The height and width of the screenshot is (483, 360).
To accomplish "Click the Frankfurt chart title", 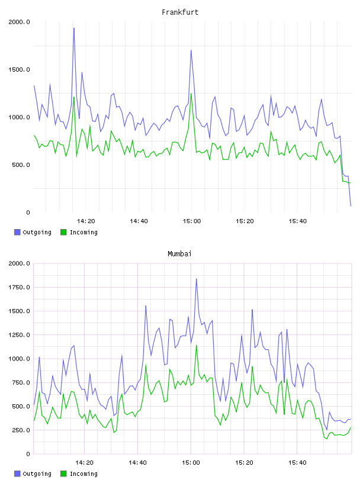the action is pyautogui.click(x=180, y=12).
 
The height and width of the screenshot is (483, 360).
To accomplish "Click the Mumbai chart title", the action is pyautogui.click(x=179, y=254).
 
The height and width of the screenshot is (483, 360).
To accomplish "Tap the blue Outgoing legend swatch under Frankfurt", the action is pyautogui.click(x=17, y=232).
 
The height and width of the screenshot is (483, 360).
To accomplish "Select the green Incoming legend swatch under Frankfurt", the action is pyautogui.click(x=63, y=232).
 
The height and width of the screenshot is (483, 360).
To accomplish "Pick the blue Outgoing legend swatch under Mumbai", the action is pyautogui.click(x=17, y=474).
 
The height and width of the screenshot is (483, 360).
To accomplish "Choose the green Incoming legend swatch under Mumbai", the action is pyautogui.click(x=63, y=474).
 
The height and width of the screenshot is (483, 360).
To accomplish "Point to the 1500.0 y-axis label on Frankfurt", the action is pyautogui.click(x=19, y=70).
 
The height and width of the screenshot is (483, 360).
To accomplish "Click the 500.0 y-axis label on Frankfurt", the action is pyautogui.click(x=21, y=165).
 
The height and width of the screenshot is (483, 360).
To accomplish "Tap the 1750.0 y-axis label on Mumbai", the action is pyautogui.click(x=19, y=288).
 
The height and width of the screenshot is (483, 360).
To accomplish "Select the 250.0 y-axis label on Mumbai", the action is pyautogui.click(x=21, y=430).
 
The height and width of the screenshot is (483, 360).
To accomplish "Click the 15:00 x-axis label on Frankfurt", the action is pyautogui.click(x=192, y=221).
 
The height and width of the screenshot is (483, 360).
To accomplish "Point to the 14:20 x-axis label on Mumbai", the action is pyautogui.click(x=85, y=463).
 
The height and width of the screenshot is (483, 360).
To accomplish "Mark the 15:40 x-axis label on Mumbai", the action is pyautogui.click(x=297, y=463).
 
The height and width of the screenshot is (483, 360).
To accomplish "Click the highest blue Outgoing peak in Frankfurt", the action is pyautogui.click(x=74, y=28).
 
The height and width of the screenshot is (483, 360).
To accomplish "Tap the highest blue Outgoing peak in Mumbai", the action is pyautogui.click(x=197, y=279).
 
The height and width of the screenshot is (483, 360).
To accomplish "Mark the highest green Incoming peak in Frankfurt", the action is pyautogui.click(x=191, y=94).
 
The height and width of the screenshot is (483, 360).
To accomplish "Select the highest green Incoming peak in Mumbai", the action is pyautogui.click(x=197, y=345).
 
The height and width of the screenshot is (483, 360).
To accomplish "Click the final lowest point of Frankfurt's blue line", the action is pyautogui.click(x=351, y=206).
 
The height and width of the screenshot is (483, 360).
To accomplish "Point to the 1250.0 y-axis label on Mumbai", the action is pyautogui.click(x=19, y=335).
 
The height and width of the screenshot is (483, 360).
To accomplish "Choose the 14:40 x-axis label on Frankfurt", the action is pyautogui.click(x=139, y=221).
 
